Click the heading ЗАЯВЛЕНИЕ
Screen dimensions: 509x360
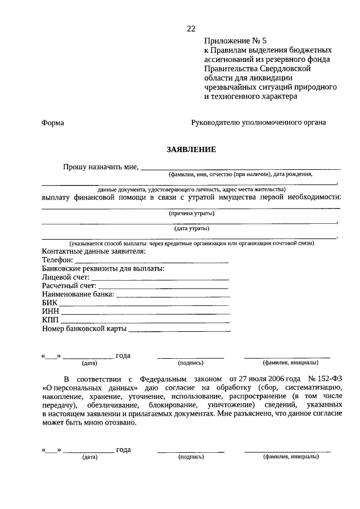(x=191, y=150)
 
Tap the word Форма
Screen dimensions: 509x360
(x=53, y=122)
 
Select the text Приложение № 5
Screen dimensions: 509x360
(x=230, y=41)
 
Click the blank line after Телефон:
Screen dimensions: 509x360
(x=151, y=261)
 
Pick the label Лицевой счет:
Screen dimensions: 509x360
(x=65, y=278)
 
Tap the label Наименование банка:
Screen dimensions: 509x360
(x=78, y=295)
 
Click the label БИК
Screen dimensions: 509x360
(x=49, y=303)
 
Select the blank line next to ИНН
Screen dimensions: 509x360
(x=145, y=312)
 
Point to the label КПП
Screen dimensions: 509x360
(x=50, y=320)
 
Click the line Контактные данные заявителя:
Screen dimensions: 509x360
(x=93, y=251)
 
